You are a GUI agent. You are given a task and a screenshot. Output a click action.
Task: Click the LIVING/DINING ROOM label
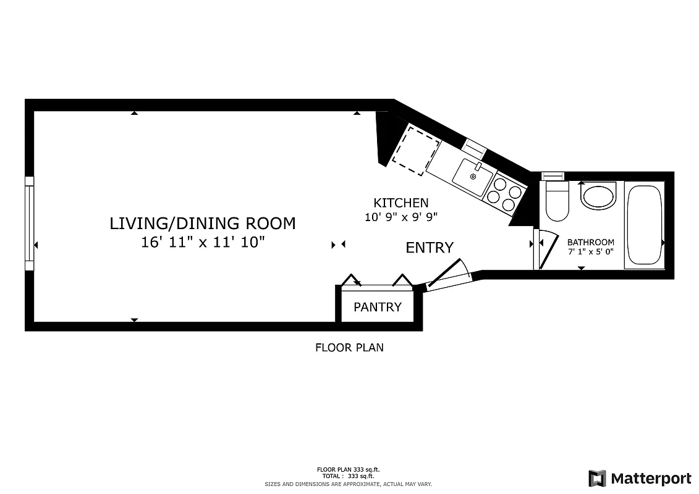[x=203, y=224]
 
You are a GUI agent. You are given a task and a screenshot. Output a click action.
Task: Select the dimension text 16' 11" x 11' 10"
[x=203, y=242]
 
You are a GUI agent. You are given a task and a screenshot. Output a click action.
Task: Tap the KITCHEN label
[x=400, y=203]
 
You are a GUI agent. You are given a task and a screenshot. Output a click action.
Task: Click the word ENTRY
[x=430, y=248]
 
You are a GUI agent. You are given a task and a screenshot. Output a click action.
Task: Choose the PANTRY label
[x=378, y=307]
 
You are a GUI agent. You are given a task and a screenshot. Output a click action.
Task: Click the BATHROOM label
[x=590, y=242]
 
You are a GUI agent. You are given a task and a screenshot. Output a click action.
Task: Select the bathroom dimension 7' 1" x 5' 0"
[x=590, y=252]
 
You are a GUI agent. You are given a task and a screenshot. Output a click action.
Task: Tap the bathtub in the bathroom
[x=644, y=225]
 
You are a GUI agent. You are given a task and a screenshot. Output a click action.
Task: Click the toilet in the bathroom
[x=557, y=201]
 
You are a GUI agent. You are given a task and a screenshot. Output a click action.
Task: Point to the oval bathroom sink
[x=598, y=197]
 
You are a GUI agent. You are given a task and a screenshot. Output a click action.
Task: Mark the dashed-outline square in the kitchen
[x=416, y=151]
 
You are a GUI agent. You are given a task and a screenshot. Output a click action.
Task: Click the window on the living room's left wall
[x=29, y=224]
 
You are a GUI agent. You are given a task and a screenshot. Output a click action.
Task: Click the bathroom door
[x=544, y=249]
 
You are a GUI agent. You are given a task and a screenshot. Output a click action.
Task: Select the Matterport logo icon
[x=597, y=479]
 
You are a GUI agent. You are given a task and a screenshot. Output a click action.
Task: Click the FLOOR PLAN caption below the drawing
[x=349, y=348]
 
